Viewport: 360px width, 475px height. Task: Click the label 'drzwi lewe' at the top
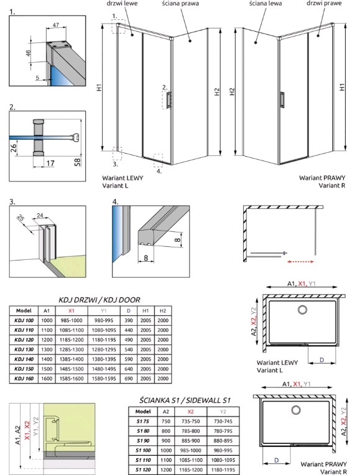(122, 3)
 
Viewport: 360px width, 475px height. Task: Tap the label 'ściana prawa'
(180, 4)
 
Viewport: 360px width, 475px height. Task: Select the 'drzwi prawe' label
(324, 3)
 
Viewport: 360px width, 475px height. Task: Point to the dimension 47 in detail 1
(56, 25)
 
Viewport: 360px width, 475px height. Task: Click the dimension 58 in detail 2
(77, 162)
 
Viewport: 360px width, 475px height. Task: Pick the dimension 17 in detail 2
(50, 163)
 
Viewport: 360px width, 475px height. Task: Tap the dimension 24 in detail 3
(40, 215)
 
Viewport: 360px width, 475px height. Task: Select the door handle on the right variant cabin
(282, 99)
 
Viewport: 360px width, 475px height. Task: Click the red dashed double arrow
(300, 261)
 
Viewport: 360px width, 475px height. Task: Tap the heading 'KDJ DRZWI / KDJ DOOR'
(99, 300)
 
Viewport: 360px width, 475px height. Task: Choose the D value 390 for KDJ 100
(129, 320)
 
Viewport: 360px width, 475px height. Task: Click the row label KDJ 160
(24, 379)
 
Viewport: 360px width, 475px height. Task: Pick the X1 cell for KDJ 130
(72, 349)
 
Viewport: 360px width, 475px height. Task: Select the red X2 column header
(190, 412)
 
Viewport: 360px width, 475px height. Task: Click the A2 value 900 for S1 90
(166, 440)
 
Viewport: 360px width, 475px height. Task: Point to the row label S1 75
(143, 421)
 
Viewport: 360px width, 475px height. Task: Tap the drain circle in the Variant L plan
(302, 310)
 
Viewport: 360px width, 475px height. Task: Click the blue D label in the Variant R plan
(276, 460)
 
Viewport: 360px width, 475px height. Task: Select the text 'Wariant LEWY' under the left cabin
(122, 178)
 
